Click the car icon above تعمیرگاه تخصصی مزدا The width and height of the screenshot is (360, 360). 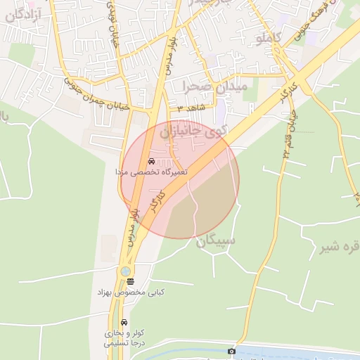pos(151,161)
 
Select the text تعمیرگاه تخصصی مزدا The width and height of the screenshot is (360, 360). pos(152,172)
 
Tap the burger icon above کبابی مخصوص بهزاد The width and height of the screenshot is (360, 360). pos(130,281)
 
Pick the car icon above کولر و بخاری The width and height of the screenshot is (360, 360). pos(125,323)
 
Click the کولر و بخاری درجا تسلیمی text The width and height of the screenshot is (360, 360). pos(125,337)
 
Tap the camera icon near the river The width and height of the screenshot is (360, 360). pos(231,351)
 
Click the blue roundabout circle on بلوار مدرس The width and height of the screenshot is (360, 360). pos(125,271)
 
